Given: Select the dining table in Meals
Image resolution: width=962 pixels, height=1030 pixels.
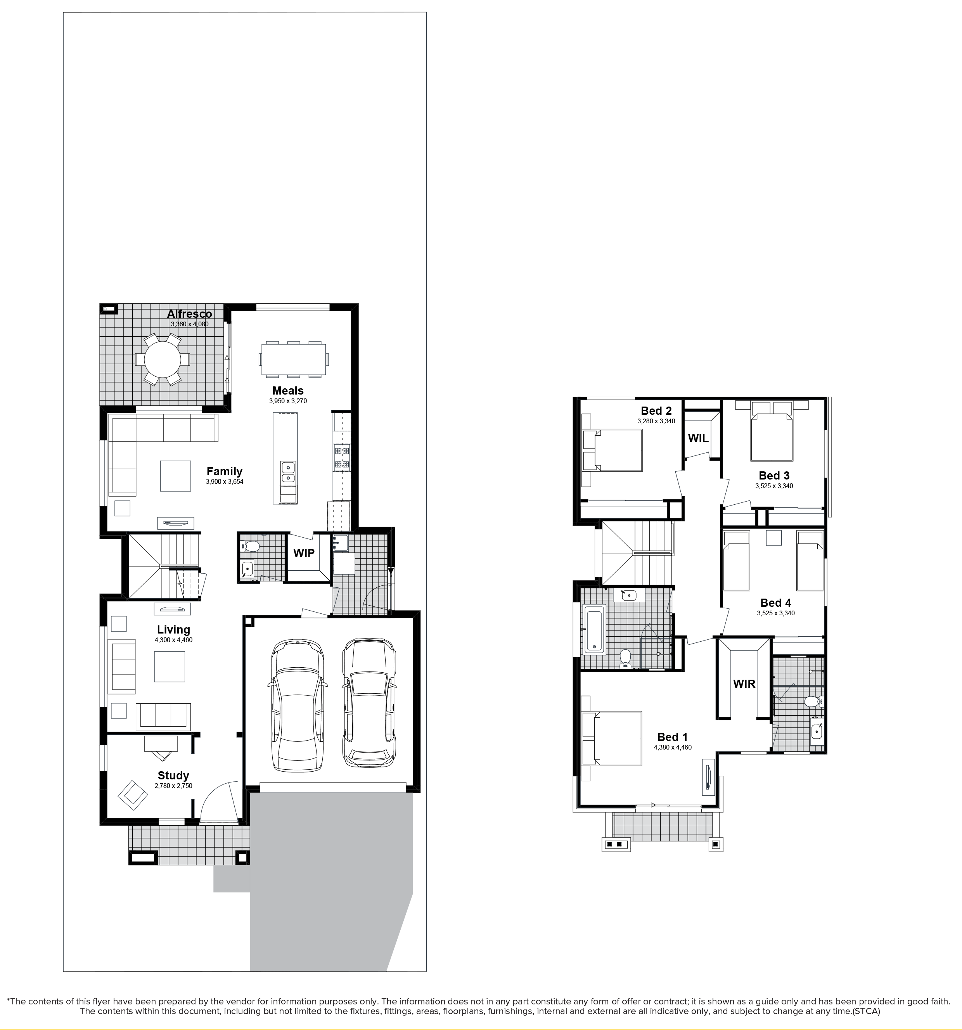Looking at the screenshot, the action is click(x=294, y=358).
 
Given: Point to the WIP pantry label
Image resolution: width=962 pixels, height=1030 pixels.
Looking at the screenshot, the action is click(x=304, y=553).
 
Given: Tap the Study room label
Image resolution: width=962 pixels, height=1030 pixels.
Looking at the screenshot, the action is click(x=173, y=776).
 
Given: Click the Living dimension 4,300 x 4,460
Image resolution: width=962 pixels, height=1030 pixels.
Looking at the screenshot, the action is click(x=173, y=640).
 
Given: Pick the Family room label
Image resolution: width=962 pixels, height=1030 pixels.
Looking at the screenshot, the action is click(x=224, y=471).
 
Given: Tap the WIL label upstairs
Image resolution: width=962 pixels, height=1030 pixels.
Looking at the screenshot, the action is click(x=698, y=438).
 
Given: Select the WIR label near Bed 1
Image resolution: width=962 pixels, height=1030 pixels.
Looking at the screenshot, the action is click(x=744, y=684).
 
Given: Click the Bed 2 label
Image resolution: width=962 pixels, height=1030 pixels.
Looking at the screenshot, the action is click(x=656, y=411).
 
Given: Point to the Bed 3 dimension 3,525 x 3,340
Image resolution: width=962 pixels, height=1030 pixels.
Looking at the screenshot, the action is click(x=774, y=486).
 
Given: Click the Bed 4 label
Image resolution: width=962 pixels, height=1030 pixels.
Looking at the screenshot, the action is click(x=775, y=602).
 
